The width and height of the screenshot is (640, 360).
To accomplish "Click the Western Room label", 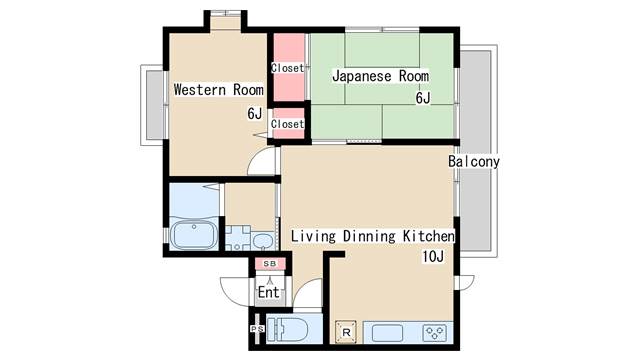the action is point(218,90).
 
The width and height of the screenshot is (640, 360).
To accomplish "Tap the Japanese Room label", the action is point(380,76).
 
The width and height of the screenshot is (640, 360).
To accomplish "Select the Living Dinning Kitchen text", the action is point(372,236).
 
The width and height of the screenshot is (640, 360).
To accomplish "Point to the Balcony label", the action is point(473,162).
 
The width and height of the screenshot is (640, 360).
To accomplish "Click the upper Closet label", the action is point(288,68).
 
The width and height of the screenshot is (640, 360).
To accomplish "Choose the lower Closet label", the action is point(288,124).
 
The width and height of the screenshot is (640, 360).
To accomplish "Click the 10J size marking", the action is point(433,257).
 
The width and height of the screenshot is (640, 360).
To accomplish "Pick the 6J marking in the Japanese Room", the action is point(423,98).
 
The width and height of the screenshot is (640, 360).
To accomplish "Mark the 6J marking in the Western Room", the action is point(255,113).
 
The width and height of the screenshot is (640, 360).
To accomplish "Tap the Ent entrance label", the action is point(269,292).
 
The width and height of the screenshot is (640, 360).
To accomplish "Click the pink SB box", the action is point(270,264).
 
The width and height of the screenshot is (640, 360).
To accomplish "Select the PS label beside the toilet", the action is point(257,329).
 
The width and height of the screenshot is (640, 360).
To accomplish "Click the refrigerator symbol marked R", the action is point(346,332).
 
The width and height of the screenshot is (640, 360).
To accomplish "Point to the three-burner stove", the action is point(434,333).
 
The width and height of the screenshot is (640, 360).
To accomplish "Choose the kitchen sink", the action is point(387,333).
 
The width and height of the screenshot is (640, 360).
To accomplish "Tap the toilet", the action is point(287,329).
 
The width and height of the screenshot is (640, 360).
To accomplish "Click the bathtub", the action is point(194,235).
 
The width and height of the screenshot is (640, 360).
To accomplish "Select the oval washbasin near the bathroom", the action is point(262,241).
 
